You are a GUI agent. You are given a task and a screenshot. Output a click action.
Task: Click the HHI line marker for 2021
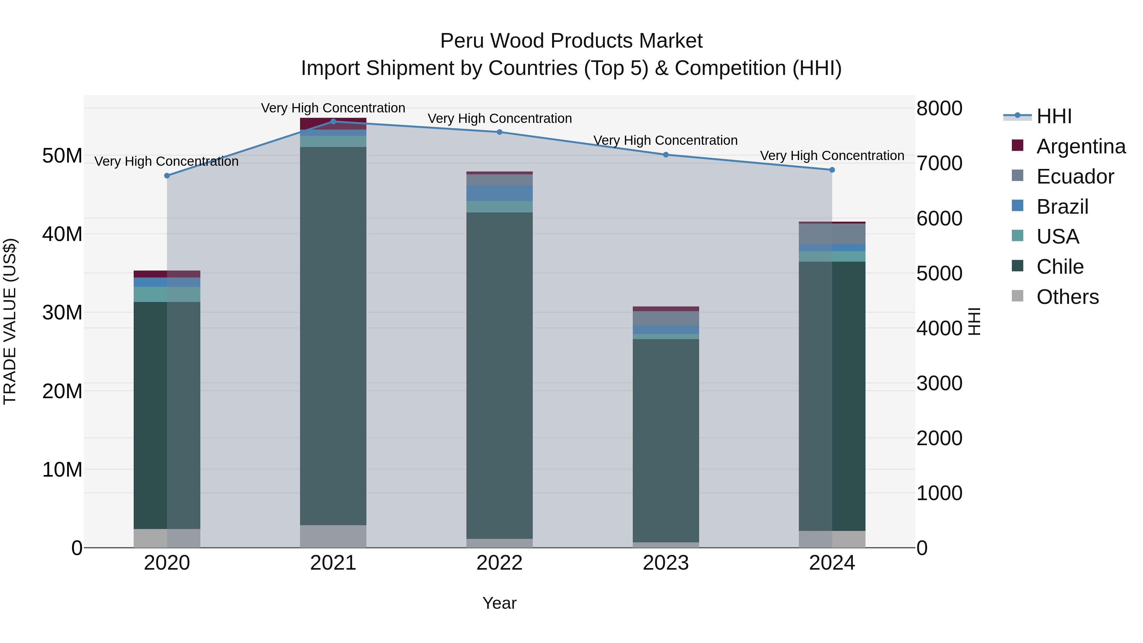(333, 122)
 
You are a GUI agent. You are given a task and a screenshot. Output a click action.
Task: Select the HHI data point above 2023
(665, 155)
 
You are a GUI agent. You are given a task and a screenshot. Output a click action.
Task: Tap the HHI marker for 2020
(167, 176)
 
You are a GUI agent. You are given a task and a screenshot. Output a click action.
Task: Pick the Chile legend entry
(1059, 267)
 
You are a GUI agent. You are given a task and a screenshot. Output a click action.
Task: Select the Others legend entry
(1067, 297)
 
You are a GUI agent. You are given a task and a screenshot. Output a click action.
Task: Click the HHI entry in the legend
(1054, 116)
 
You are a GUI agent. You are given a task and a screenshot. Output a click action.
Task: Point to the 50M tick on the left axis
(62, 156)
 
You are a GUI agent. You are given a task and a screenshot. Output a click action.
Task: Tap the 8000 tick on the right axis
(939, 108)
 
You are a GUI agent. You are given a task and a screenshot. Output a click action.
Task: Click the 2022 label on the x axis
(499, 563)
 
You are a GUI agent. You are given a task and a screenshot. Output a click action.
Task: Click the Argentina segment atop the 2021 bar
(333, 124)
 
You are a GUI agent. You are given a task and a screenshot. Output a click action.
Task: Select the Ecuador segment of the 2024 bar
(832, 234)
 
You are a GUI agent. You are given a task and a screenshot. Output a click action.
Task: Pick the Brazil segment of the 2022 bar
(499, 193)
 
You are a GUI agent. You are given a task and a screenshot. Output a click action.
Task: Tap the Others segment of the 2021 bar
(333, 536)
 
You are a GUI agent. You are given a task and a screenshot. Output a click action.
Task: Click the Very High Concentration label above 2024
(832, 156)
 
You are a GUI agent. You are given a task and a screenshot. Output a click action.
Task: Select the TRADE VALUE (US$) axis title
(10, 321)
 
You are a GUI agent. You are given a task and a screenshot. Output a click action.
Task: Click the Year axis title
(499, 603)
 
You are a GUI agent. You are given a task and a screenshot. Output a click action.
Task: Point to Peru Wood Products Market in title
(571, 41)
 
